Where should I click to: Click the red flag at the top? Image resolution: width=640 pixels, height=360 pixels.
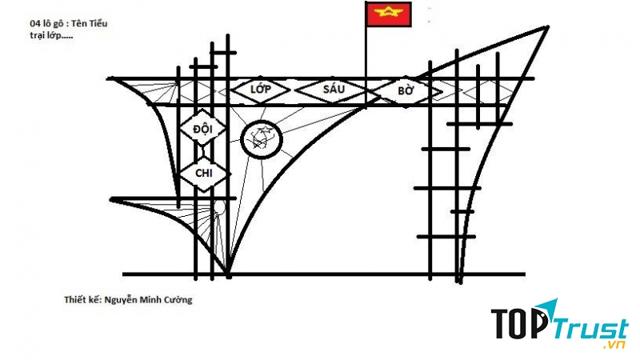[x=388, y=14]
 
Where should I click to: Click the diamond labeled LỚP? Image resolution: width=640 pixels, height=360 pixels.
[x=261, y=90]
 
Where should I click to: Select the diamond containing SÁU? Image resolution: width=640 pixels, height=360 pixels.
[x=334, y=90]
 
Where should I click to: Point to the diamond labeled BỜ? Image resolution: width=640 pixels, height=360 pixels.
[x=406, y=90]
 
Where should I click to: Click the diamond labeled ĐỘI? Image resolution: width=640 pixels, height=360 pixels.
[x=203, y=129]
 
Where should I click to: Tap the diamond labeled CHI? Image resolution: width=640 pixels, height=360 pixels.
[x=204, y=174]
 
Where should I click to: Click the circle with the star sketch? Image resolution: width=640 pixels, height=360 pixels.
[x=262, y=140]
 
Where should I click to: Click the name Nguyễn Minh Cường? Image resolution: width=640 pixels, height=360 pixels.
[x=148, y=300]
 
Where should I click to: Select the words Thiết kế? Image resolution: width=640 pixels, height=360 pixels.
[x=82, y=299]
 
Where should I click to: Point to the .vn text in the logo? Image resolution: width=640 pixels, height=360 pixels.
[x=614, y=345]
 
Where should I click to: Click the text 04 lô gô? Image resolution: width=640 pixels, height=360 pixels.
[x=46, y=24]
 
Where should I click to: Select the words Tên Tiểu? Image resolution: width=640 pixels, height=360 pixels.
[x=90, y=23]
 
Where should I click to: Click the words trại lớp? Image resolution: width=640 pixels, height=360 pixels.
[x=46, y=35]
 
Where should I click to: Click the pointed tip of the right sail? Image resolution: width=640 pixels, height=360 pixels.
[x=547, y=27]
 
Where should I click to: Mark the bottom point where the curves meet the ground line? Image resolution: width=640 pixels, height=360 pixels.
[x=228, y=274]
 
